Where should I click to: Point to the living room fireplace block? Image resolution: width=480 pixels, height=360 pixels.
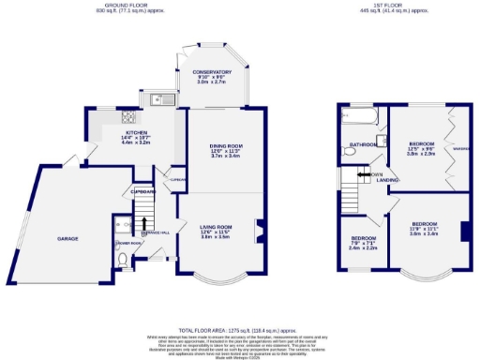(x=260, y=225)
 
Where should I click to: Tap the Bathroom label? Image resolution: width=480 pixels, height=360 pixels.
(x=362, y=144)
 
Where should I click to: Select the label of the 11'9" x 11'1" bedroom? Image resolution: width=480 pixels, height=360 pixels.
(x=424, y=226)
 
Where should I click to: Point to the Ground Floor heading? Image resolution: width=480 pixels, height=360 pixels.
(x=102, y=6)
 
